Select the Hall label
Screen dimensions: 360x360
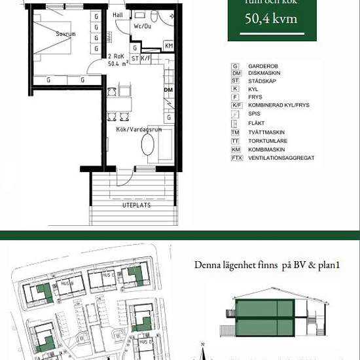118,14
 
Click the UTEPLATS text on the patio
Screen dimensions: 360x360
136,205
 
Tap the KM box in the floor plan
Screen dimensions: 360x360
169,46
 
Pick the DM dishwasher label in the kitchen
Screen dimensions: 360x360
168,90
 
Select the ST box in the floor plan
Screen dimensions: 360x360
135,58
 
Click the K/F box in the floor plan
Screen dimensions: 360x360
146,58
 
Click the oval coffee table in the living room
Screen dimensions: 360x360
148,145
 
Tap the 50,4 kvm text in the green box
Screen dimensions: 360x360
270,18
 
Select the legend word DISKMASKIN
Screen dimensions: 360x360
264,73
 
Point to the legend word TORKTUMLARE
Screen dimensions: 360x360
266,141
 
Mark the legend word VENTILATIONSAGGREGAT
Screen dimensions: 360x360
281,158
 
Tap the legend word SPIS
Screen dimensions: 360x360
255,114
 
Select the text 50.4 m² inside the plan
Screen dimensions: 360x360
117,64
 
